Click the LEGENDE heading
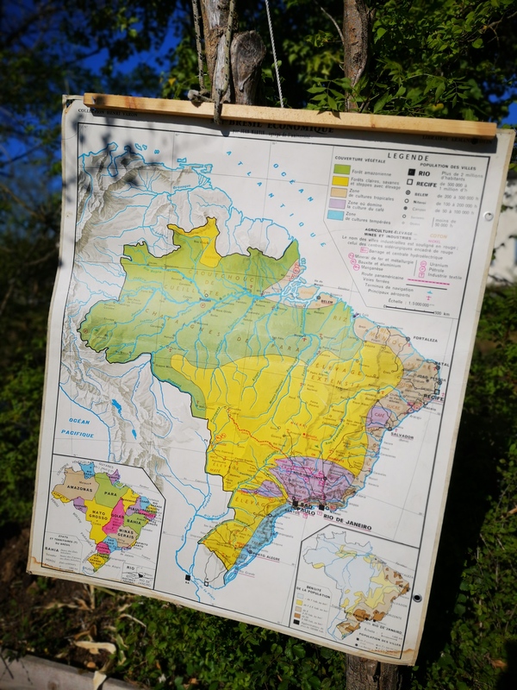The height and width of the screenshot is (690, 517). pyautogui.click(x=408, y=157)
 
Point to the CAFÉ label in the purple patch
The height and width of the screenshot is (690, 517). pyautogui.click(x=380, y=415)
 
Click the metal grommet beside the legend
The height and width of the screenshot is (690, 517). pyautogui.click(x=488, y=216)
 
